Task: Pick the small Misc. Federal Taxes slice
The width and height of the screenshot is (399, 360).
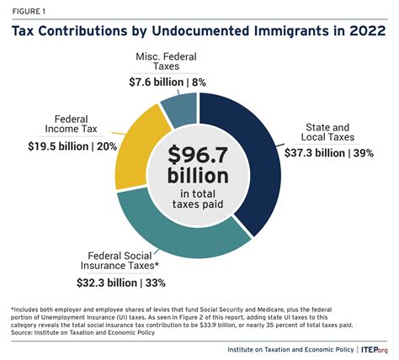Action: (178, 109)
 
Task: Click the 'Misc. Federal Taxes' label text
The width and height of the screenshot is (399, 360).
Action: (169, 63)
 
